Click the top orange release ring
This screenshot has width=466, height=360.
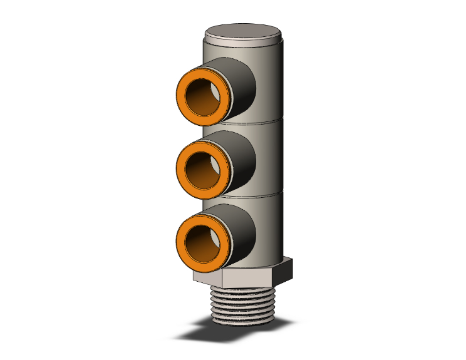point(182,94)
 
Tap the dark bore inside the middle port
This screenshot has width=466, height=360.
point(205,167)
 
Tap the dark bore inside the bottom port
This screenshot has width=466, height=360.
point(205,240)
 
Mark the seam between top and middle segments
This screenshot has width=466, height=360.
point(269,121)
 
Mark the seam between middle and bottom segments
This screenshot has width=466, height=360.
point(269,194)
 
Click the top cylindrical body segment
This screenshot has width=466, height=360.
point(272,81)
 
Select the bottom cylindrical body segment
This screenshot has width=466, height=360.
point(272,229)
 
